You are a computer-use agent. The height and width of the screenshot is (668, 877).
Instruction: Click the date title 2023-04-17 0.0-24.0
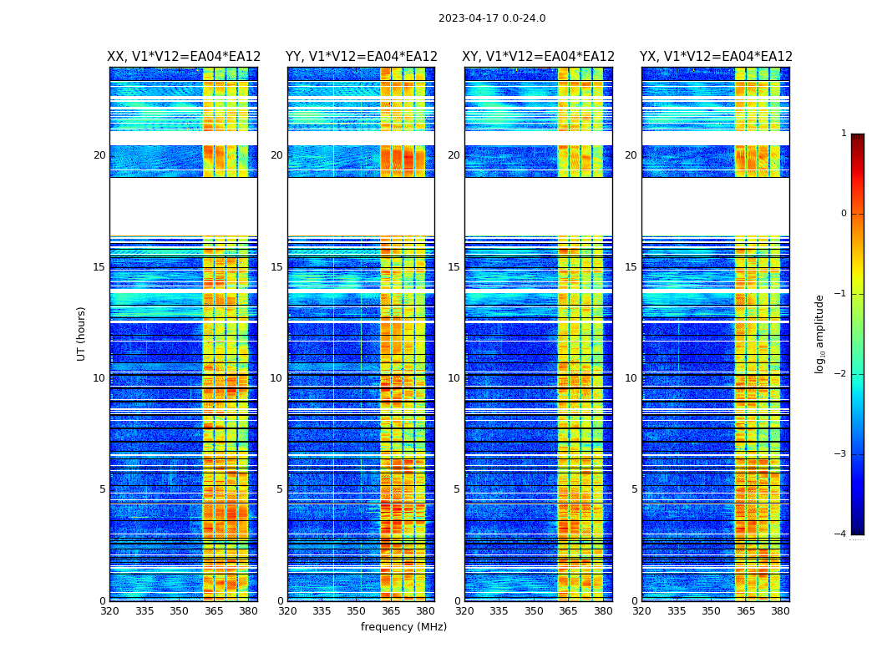pyautogui.click(x=492, y=18)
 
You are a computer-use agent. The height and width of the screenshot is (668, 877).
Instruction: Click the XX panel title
pyautogui.click(x=184, y=57)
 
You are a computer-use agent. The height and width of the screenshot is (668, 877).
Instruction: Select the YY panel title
pyautogui.click(x=361, y=57)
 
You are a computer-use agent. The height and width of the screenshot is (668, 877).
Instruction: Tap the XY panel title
pyautogui.click(x=538, y=57)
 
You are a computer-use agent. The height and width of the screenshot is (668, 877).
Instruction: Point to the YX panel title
pyautogui.click(x=716, y=57)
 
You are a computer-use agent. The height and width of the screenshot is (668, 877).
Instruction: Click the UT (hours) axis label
pyautogui.click(x=82, y=333)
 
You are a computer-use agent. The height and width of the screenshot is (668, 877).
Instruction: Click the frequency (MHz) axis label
pyautogui.click(x=403, y=627)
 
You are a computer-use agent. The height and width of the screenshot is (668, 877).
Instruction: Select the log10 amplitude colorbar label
pyautogui.click(x=820, y=333)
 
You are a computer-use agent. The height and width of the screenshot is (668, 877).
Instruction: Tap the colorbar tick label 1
pyautogui.click(x=844, y=134)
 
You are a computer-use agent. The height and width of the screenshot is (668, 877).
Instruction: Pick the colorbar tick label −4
pyautogui.click(x=841, y=534)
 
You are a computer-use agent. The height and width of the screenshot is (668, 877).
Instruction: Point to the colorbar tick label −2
pyautogui.click(x=841, y=374)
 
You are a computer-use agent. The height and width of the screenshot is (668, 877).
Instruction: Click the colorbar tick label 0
pyautogui.click(x=844, y=214)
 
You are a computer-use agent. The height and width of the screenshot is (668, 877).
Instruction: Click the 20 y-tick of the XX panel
pyautogui.click(x=99, y=155)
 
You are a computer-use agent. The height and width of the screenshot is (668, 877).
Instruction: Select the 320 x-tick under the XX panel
pyautogui.click(x=109, y=611)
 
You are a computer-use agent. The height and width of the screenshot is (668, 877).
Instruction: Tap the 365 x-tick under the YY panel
pyautogui.click(x=391, y=611)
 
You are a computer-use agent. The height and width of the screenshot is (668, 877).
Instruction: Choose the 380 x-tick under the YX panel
pyautogui.click(x=780, y=611)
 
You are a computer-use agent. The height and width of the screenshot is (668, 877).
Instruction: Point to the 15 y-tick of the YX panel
pyautogui.click(x=631, y=267)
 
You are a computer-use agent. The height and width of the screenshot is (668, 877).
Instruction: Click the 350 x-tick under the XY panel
pyautogui.click(x=534, y=611)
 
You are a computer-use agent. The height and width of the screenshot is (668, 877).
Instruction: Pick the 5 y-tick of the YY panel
pyautogui.click(x=279, y=489)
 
